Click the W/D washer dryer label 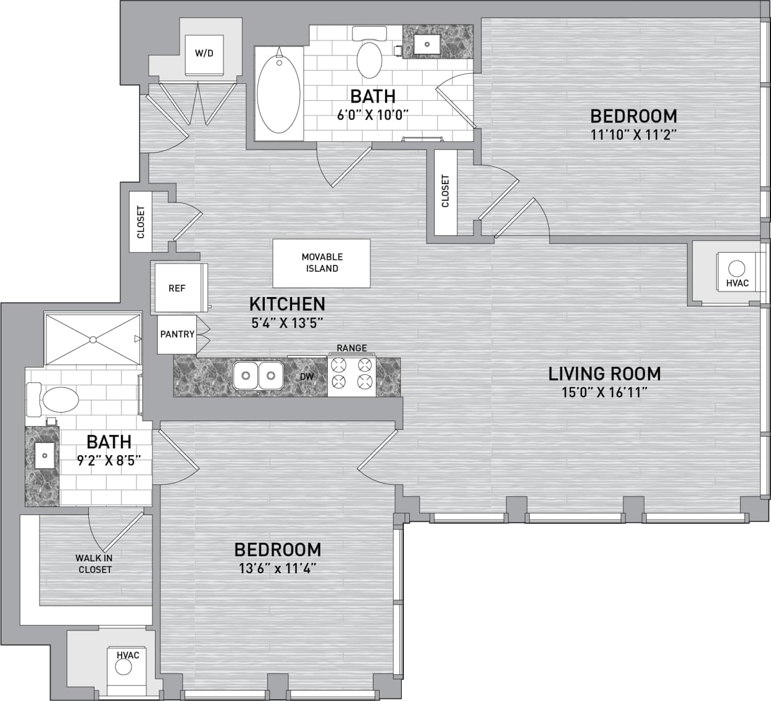[204, 53]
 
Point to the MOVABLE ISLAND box [322, 263]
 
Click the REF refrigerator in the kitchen [177, 288]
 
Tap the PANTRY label [177, 334]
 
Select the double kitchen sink [258, 375]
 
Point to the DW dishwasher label [307, 376]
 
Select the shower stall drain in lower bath [93, 339]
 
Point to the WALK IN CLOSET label [95, 563]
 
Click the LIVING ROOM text [604, 374]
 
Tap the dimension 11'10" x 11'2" [634, 135]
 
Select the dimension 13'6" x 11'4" [278, 568]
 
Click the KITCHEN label [287, 304]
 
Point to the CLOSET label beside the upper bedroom [446, 191]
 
